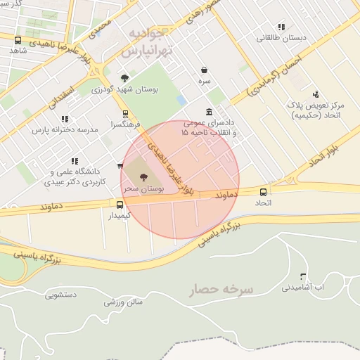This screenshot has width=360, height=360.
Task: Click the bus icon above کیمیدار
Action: (120, 205)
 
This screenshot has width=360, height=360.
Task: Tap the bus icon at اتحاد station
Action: (264, 192)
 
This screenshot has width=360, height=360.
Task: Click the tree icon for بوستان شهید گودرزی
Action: (124, 78)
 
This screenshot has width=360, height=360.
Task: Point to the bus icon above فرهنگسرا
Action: (126, 113)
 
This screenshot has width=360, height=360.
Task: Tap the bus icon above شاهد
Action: (18, 41)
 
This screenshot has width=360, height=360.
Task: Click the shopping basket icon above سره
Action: (204, 70)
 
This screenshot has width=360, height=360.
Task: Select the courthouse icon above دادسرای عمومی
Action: (210, 112)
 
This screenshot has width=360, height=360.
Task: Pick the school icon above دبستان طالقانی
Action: (281, 27)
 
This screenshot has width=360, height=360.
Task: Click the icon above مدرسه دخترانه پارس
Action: (65, 120)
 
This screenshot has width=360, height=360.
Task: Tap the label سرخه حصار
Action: (229, 289)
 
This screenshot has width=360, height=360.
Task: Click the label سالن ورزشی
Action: (123, 302)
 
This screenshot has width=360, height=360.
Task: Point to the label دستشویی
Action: (61, 295)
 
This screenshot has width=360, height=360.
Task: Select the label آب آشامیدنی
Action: (303, 288)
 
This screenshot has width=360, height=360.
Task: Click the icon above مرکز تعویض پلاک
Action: (316, 94)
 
